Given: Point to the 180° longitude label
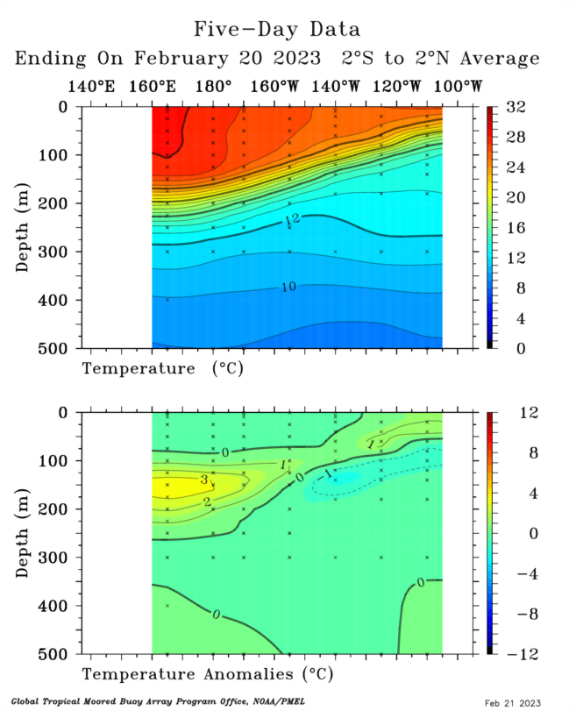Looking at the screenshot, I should [213, 87].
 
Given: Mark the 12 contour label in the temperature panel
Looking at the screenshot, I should [292, 217].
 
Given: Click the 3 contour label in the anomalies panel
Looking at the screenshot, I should [203, 480].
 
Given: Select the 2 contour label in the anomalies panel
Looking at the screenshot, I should [207, 501].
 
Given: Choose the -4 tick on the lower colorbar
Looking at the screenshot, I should [518, 573].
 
